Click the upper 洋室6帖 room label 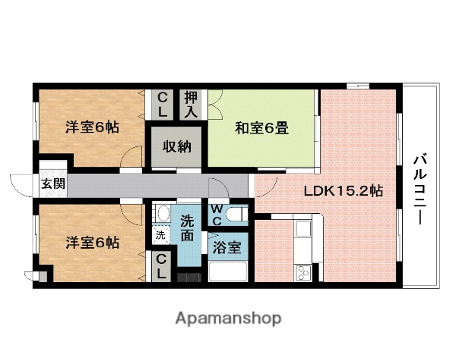point(91,127)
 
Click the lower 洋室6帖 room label point(91,243)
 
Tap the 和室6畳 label point(261,128)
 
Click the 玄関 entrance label point(52,184)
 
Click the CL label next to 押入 point(163,103)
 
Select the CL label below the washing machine point(162,265)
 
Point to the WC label point(217,212)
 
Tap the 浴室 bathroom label point(228,247)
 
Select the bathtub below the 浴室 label point(229,271)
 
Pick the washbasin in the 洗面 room point(160,214)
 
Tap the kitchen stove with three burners point(303,271)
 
